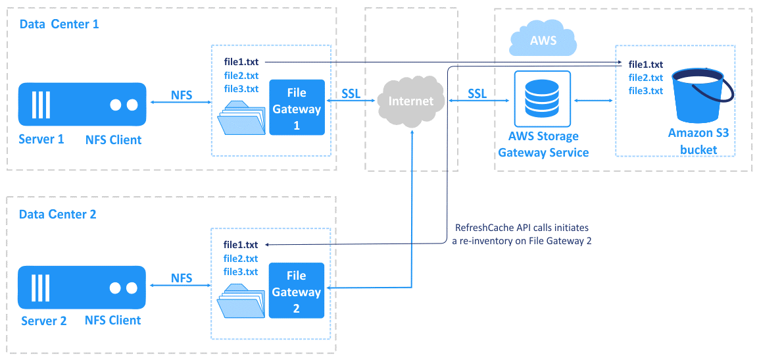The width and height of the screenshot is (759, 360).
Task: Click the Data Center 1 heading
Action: (x=59, y=24)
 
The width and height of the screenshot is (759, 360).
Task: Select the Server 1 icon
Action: (x=82, y=104)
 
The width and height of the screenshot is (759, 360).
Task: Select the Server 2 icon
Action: (x=82, y=288)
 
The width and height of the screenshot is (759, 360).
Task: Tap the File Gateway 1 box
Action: (x=297, y=107)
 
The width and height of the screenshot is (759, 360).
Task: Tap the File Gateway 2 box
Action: (x=296, y=291)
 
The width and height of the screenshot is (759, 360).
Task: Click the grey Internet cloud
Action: (x=411, y=101)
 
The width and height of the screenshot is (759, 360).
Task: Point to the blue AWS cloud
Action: (x=543, y=41)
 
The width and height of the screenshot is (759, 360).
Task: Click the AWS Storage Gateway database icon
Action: (x=543, y=98)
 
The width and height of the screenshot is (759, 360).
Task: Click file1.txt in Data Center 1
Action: (x=241, y=62)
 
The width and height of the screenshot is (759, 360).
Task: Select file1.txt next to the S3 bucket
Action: (x=645, y=64)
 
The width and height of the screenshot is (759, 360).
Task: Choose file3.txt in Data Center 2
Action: (x=241, y=272)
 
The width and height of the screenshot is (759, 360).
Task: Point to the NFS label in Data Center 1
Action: (x=182, y=95)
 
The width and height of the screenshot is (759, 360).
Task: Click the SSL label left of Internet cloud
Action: (x=351, y=93)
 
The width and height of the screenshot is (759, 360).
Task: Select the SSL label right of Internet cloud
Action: (x=477, y=93)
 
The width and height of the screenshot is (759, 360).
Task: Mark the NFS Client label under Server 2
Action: (x=112, y=321)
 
